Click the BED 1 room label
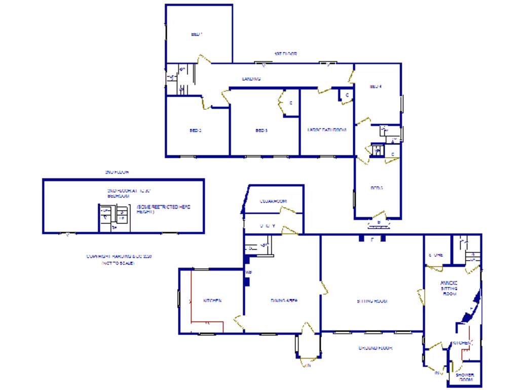click(x=197, y=35)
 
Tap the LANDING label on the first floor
click(x=251, y=79)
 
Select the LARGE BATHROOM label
click(x=326, y=131)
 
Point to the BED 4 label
click(x=375, y=86)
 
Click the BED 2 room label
click(x=196, y=131)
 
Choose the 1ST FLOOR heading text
click(x=285, y=53)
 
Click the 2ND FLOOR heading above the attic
click(x=117, y=172)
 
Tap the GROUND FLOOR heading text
click(x=376, y=348)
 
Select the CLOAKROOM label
click(x=274, y=201)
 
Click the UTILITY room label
click(x=267, y=226)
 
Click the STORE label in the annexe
click(x=436, y=255)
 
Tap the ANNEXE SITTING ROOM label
click(x=449, y=288)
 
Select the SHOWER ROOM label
click(x=464, y=377)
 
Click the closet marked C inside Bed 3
click(x=291, y=103)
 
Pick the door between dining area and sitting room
click(x=323, y=287)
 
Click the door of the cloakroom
click(x=290, y=211)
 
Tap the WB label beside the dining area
click(x=248, y=273)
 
